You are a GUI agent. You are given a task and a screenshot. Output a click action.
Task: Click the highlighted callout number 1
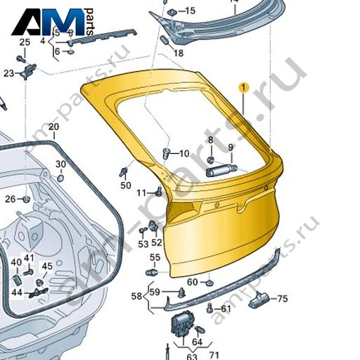click(x=243, y=88)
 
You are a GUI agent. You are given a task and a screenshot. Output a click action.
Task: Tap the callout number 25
click(x=25, y=42)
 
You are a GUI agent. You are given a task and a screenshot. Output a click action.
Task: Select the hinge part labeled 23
click(x=29, y=71)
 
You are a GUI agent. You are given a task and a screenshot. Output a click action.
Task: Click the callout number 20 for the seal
click(x=53, y=127)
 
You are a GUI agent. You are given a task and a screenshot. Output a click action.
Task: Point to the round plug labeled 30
click(x=60, y=178)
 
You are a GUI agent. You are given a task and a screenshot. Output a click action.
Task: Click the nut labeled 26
click(x=26, y=199)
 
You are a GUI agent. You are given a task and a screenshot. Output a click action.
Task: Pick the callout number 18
click(x=179, y=53)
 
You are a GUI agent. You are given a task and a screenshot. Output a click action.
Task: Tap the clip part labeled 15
click(x=173, y=12)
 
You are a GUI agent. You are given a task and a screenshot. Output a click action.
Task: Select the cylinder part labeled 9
click(x=221, y=171)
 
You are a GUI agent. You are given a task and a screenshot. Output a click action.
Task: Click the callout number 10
click(x=184, y=153)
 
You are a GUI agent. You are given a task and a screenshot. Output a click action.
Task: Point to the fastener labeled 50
click(x=123, y=172)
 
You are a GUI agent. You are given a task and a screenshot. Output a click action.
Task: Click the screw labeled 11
click(x=159, y=191)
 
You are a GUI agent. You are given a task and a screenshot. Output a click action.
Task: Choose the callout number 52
click(x=157, y=243)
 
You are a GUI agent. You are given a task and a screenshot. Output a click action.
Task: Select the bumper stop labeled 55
click(x=152, y=272)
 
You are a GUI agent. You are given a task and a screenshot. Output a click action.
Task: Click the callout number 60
click(x=193, y=282)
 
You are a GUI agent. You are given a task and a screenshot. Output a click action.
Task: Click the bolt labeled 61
click(x=210, y=308)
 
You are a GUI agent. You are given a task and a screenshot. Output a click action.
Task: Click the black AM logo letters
click(x=48, y=22)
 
